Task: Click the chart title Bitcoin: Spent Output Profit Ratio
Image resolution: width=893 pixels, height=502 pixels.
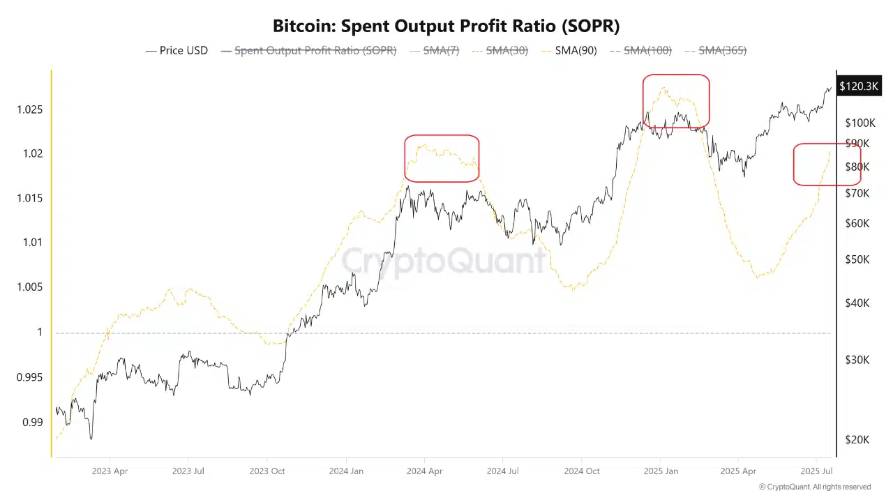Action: pyautogui.click(x=446, y=26)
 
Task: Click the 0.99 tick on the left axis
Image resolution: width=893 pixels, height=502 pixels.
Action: pyautogui.click(x=32, y=422)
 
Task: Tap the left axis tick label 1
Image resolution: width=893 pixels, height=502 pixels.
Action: pyautogui.click(x=40, y=333)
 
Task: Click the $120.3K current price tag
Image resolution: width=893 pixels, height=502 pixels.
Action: pyautogui.click(x=858, y=86)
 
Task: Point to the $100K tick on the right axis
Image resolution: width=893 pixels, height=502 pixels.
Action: pyautogui.click(x=860, y=123)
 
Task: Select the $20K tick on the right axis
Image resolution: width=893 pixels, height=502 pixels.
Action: pyautogui.click(x=857, y=439)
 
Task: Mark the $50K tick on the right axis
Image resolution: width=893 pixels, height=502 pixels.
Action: pyautogui.click(x=857, y=259)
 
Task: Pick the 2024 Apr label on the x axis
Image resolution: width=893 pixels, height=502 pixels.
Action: pyautogui.click(x=426, y=471)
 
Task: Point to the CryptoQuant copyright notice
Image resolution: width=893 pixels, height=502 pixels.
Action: pyautogui.click(x=814, y=487)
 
